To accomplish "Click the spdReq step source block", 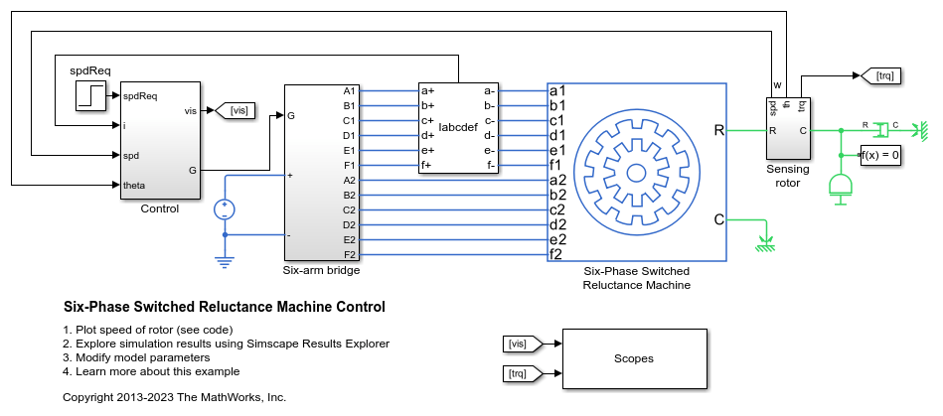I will point(91,95).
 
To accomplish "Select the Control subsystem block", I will point(160,140).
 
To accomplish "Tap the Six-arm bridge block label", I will point(322,269).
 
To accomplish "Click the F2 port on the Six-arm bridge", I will point(349,254).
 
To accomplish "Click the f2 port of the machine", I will point(556,254).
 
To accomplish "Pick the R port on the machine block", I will point(718,130).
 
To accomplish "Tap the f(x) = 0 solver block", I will point(880,155).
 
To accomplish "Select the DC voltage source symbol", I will point(225,208).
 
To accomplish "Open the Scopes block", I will point(634,357).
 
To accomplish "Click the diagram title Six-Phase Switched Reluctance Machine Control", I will point(224,307).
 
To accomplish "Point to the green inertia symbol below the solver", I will point(842,186).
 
